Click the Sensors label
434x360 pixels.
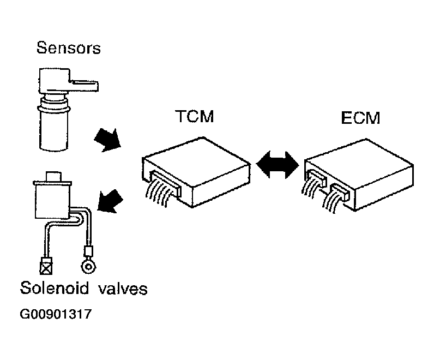tap(68, 47)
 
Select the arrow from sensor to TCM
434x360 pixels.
tap(108, 139)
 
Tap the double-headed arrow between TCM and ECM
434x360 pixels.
tap(278, 164)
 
